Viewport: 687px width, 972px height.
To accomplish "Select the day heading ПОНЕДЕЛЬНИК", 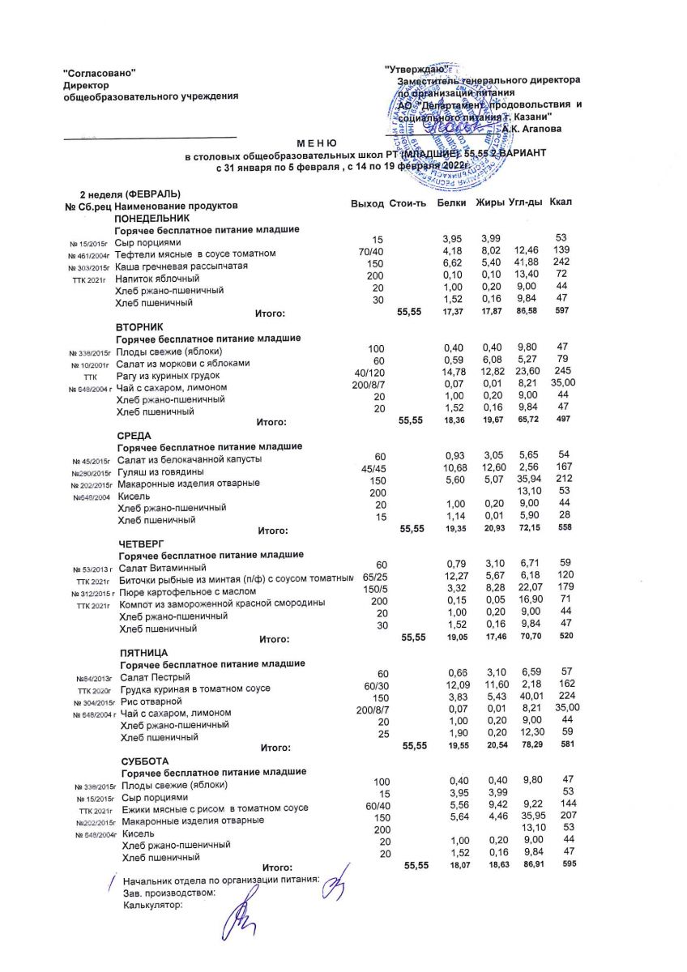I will pos(152,219).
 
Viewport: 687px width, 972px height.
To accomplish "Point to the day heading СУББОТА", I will pos(145,761).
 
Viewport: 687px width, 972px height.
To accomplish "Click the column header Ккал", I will pos(561,201).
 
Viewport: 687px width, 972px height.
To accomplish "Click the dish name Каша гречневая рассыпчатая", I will pos(181,266).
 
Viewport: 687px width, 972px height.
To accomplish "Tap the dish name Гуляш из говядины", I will pos(160,472).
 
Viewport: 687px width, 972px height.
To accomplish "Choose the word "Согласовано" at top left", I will pos(99,74).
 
